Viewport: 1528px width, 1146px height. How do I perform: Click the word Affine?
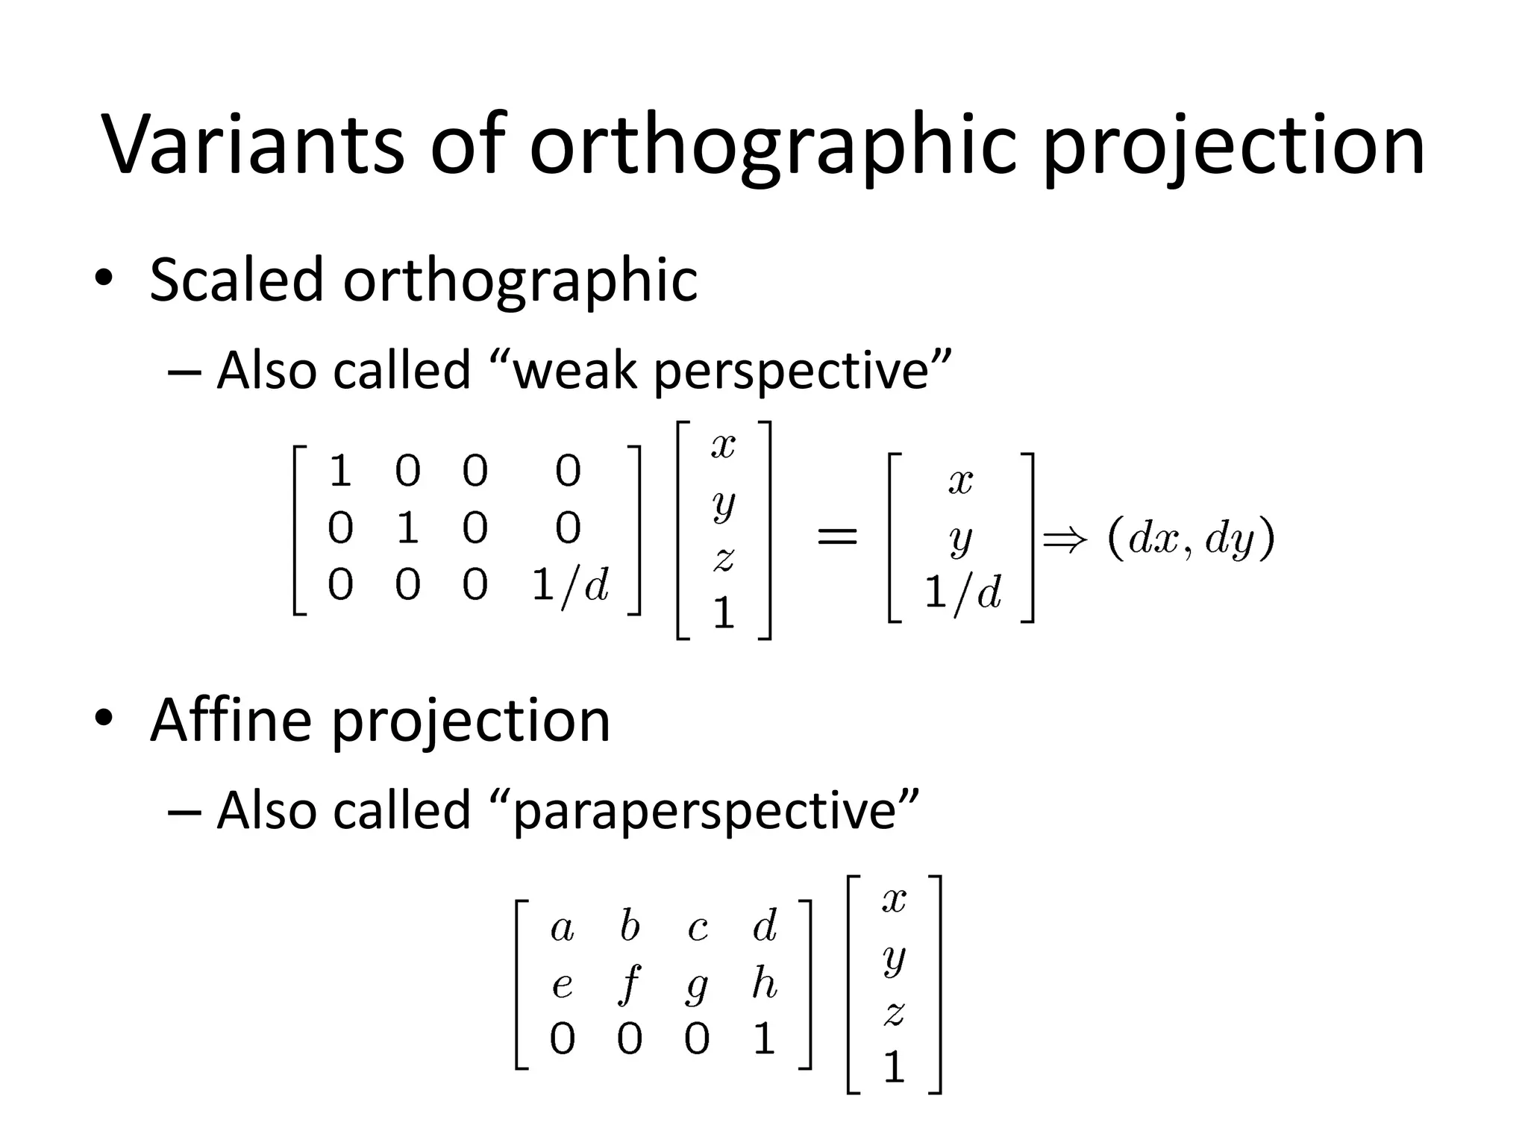(231, 720)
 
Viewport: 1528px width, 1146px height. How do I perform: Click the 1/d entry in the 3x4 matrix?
(570, 584)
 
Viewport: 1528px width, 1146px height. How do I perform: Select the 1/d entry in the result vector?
(962, 593)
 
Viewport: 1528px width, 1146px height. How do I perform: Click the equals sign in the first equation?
(837, 536)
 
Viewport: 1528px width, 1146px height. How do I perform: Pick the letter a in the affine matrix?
(563, 929)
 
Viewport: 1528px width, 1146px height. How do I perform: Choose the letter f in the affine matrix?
(630, 984)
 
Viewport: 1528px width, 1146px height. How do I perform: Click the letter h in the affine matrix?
(764, 983)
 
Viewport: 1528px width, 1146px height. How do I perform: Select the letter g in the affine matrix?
(697, 986)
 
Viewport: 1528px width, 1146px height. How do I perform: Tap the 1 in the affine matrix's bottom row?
(764, 1039)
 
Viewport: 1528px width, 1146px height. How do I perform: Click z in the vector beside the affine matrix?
(894, 1013)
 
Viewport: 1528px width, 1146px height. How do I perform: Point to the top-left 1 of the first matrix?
(340, 472)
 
